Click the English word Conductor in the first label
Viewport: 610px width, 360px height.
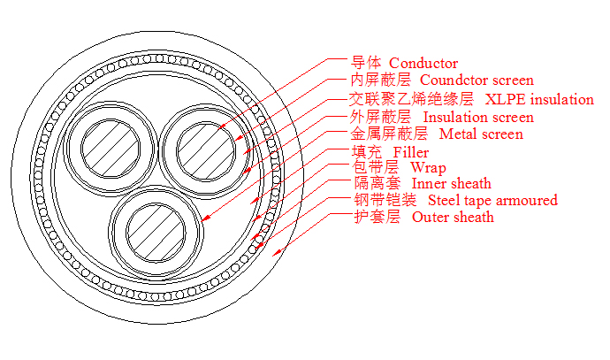tap(423, 64)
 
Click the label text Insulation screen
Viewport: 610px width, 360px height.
tap(478, 117)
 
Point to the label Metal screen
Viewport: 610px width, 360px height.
tap(481, 134)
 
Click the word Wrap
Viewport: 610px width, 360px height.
tap(429, 167)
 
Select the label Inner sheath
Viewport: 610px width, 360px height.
tap(451, 184)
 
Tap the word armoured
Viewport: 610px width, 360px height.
tap(527, 200)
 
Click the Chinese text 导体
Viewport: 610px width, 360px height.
tap(366, 64)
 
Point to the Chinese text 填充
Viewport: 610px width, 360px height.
tap(366, 152)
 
